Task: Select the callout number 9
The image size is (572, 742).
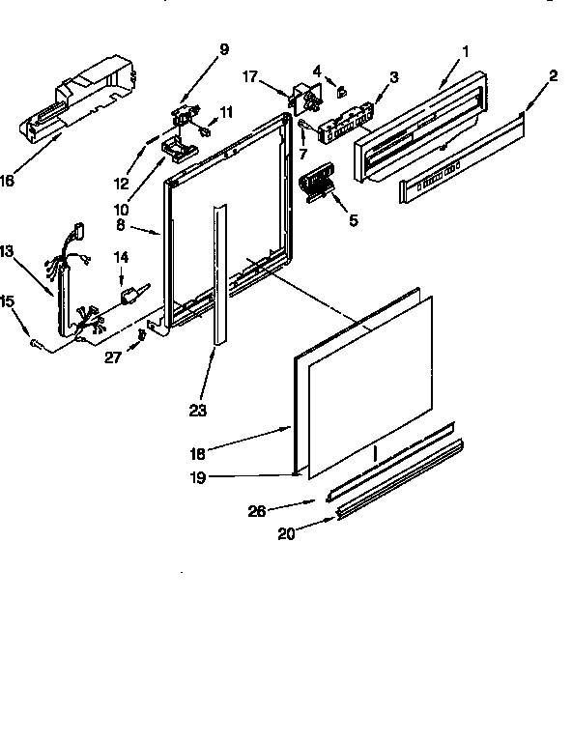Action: click(x=224, y=49)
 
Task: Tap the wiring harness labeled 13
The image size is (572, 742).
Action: click(x=70, y=290)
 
